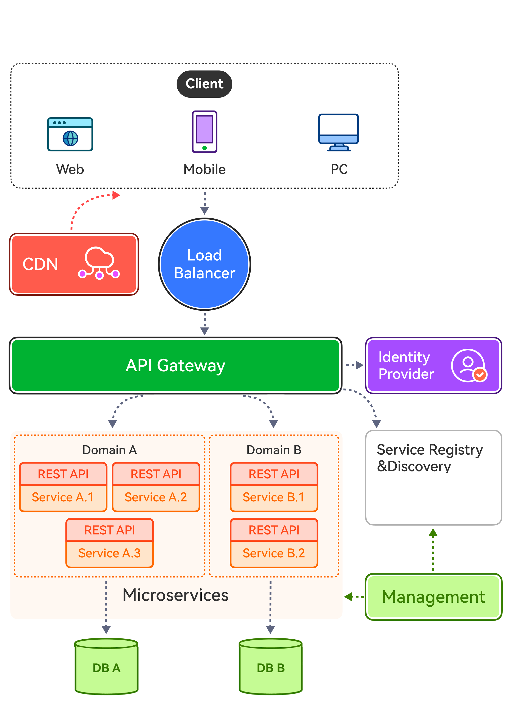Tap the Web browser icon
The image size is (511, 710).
(x=70, y=134)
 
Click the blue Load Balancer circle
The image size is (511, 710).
(x=205, y=264)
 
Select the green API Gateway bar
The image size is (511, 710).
(x=175, y=365)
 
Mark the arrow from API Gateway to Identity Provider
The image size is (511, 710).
(x=354, y=365)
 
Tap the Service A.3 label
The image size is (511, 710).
(x=109, y=553)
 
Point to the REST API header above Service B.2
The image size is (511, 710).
(x=274, y=530)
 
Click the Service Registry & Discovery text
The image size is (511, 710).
(x=430, y=458)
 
